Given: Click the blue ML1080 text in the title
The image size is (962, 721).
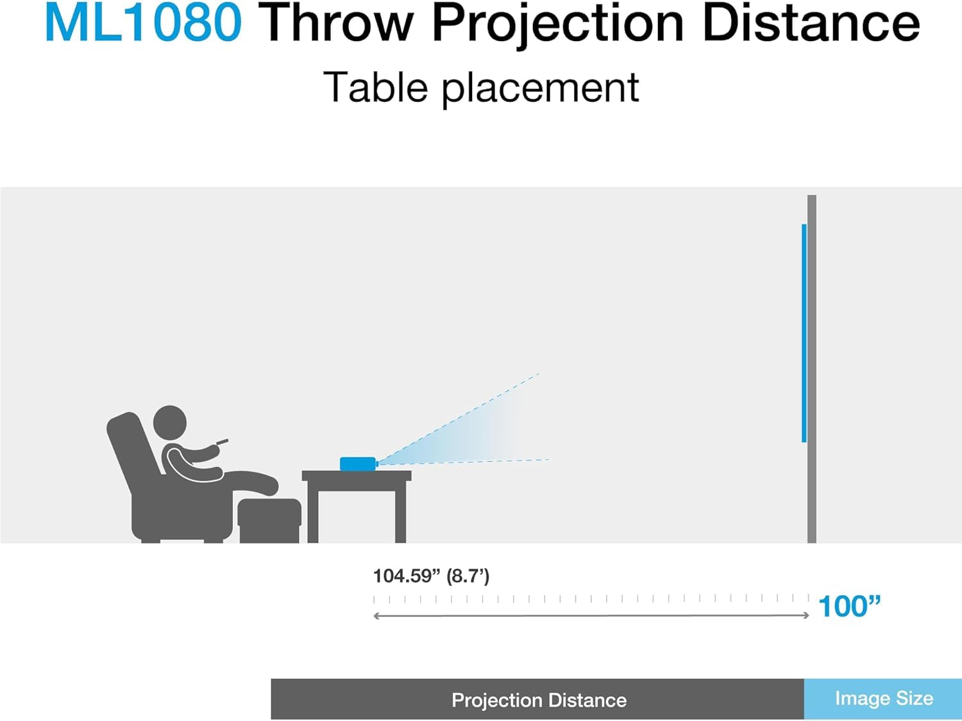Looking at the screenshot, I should click(142, 23).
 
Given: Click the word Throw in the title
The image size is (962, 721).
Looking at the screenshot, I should click(339, 23).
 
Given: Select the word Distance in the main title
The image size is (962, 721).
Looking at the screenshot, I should click(811, 23).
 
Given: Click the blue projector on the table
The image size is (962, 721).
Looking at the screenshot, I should click(357, 463).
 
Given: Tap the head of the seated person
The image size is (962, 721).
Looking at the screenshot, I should click(170, 423).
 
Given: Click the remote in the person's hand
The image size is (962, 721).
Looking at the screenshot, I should click(222, 441).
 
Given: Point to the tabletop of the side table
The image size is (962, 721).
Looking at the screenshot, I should click(357, 475).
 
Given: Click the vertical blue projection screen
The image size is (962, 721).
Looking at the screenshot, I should click(804, 334).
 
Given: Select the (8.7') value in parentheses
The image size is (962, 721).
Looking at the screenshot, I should click(468, 576).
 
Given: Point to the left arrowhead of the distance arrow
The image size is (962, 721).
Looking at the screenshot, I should click(377, 616).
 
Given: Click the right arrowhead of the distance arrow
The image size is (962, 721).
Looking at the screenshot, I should click(806, 615).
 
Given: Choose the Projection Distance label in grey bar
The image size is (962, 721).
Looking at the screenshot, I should click(539, 700).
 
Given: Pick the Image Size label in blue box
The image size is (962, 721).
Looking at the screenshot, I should click(884, 699).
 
